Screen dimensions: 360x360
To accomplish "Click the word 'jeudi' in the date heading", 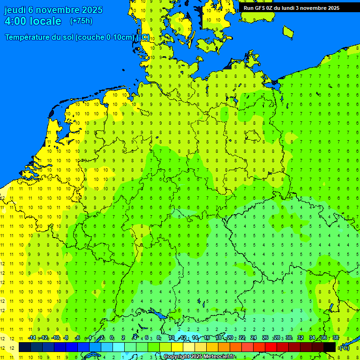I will click(x=15, y=10).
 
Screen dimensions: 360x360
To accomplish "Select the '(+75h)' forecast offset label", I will click(x=81, y=21).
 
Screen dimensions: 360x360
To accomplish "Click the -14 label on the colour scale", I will click(x=32, y=338).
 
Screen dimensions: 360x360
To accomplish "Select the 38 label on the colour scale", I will click(x=336, y=338).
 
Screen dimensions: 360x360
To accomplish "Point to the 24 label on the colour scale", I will click(x=254, y=338).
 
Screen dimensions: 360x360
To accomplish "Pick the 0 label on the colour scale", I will click(x=112, y=338).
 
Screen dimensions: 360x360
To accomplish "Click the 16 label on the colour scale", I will click(x=207, y=338).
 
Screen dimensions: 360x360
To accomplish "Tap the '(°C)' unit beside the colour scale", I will click(x=344, y=347).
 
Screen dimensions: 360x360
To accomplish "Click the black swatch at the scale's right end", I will click(x=330, y=347).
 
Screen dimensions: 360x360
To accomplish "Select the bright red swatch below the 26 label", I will click(x=271, y=347).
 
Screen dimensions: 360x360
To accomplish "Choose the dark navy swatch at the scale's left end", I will click(x=25, y=347).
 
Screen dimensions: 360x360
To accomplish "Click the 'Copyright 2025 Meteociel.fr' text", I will click(x=199, y=357).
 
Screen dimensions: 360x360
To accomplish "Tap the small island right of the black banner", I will click(x=288, y=31).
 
